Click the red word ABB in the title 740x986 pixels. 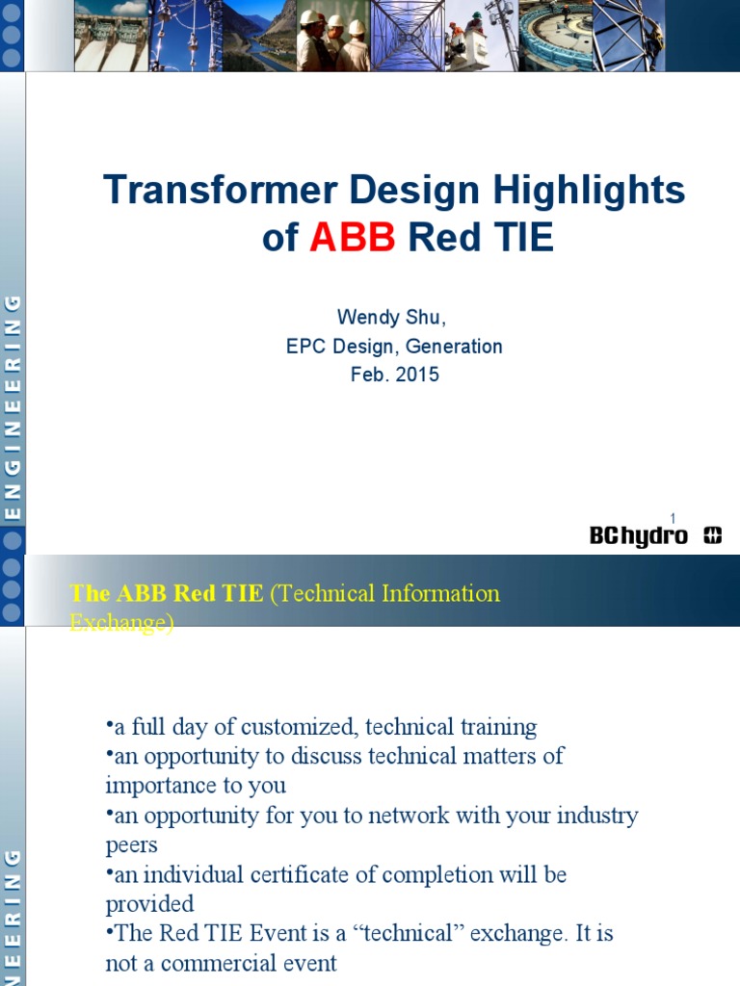[x=353, y=238]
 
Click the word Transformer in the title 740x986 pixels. [x=221, y=190]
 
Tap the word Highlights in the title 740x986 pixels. [x=589, y=190]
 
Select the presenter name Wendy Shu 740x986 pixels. [x=390, y=317]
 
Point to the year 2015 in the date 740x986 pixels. [x=417, y=375]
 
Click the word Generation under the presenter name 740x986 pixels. [x=454, y=346]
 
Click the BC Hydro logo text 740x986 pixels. [x=639, y=536]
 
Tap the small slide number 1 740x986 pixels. [x=673, y=519]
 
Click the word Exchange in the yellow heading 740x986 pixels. [x=121, y=623]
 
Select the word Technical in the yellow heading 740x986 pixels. [x=327, y=593]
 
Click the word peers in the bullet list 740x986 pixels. [x=131, y=844]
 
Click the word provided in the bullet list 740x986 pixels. [x=149, y=903]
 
